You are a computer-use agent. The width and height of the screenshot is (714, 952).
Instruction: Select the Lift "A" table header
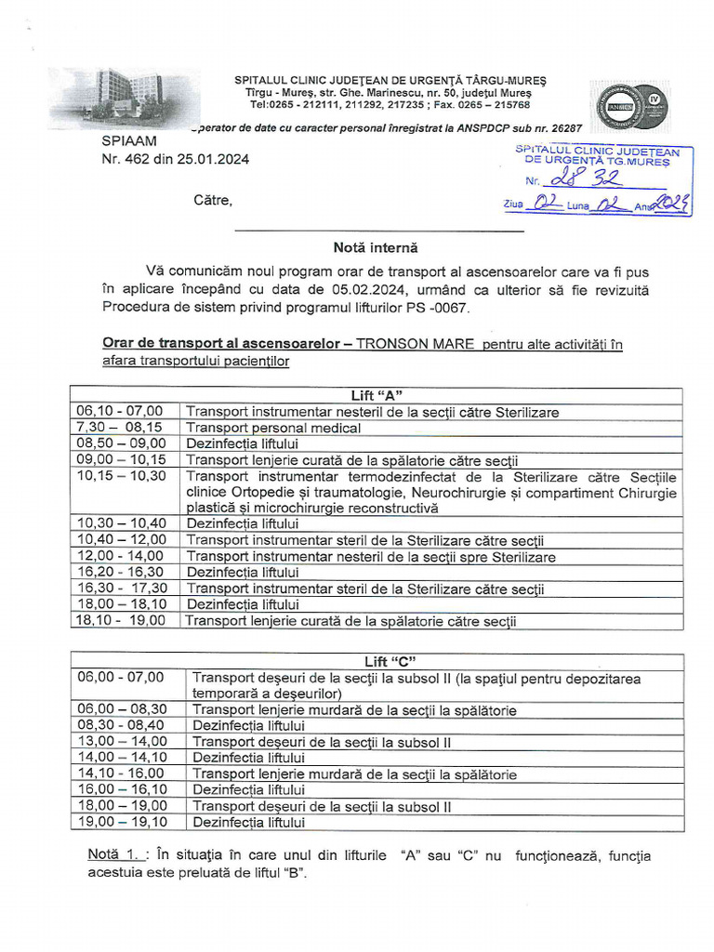377,396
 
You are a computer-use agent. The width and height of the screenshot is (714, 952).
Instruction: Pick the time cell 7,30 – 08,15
119,427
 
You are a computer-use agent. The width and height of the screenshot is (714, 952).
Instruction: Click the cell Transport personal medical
273,428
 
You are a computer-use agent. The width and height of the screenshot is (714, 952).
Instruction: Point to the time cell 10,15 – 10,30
121,475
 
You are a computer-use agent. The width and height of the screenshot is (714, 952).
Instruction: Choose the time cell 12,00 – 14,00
121,556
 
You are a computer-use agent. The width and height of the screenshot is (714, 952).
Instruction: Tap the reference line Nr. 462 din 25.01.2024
175,159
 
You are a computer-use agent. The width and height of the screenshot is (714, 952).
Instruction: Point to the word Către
213,200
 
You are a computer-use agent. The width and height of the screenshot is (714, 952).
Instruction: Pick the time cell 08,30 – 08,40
121,725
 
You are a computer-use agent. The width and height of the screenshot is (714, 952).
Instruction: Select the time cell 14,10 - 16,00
121,773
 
